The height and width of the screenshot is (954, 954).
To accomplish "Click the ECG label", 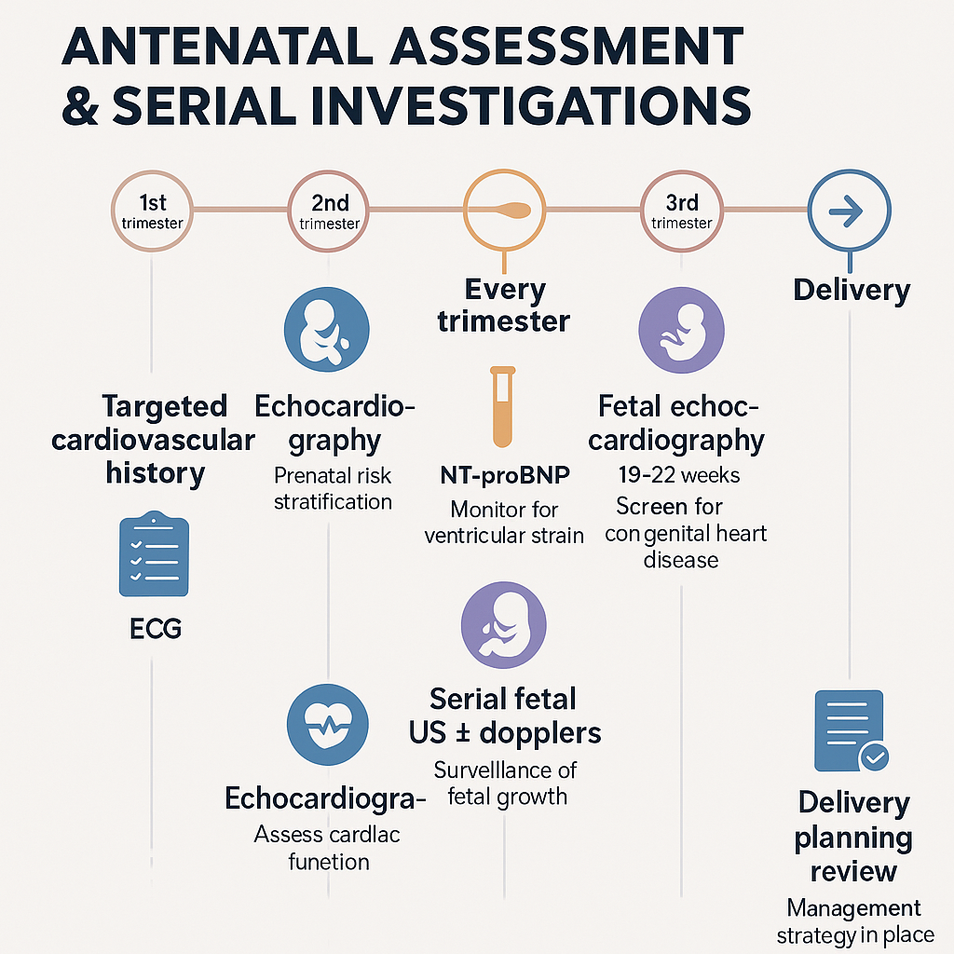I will pos(156,629).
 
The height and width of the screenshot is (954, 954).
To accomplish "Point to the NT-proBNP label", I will pos(503,476).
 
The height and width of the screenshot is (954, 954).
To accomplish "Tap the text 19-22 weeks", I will pos(679,475).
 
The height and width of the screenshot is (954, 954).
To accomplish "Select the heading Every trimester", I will pos(504,306).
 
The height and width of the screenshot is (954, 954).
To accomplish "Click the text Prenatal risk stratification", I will pos(333,489).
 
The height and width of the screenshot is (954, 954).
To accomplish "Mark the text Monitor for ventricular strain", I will pos(504,523).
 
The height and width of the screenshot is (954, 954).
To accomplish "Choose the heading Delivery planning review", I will pos(852,837).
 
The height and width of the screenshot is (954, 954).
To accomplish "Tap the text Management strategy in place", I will pos(853,920).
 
